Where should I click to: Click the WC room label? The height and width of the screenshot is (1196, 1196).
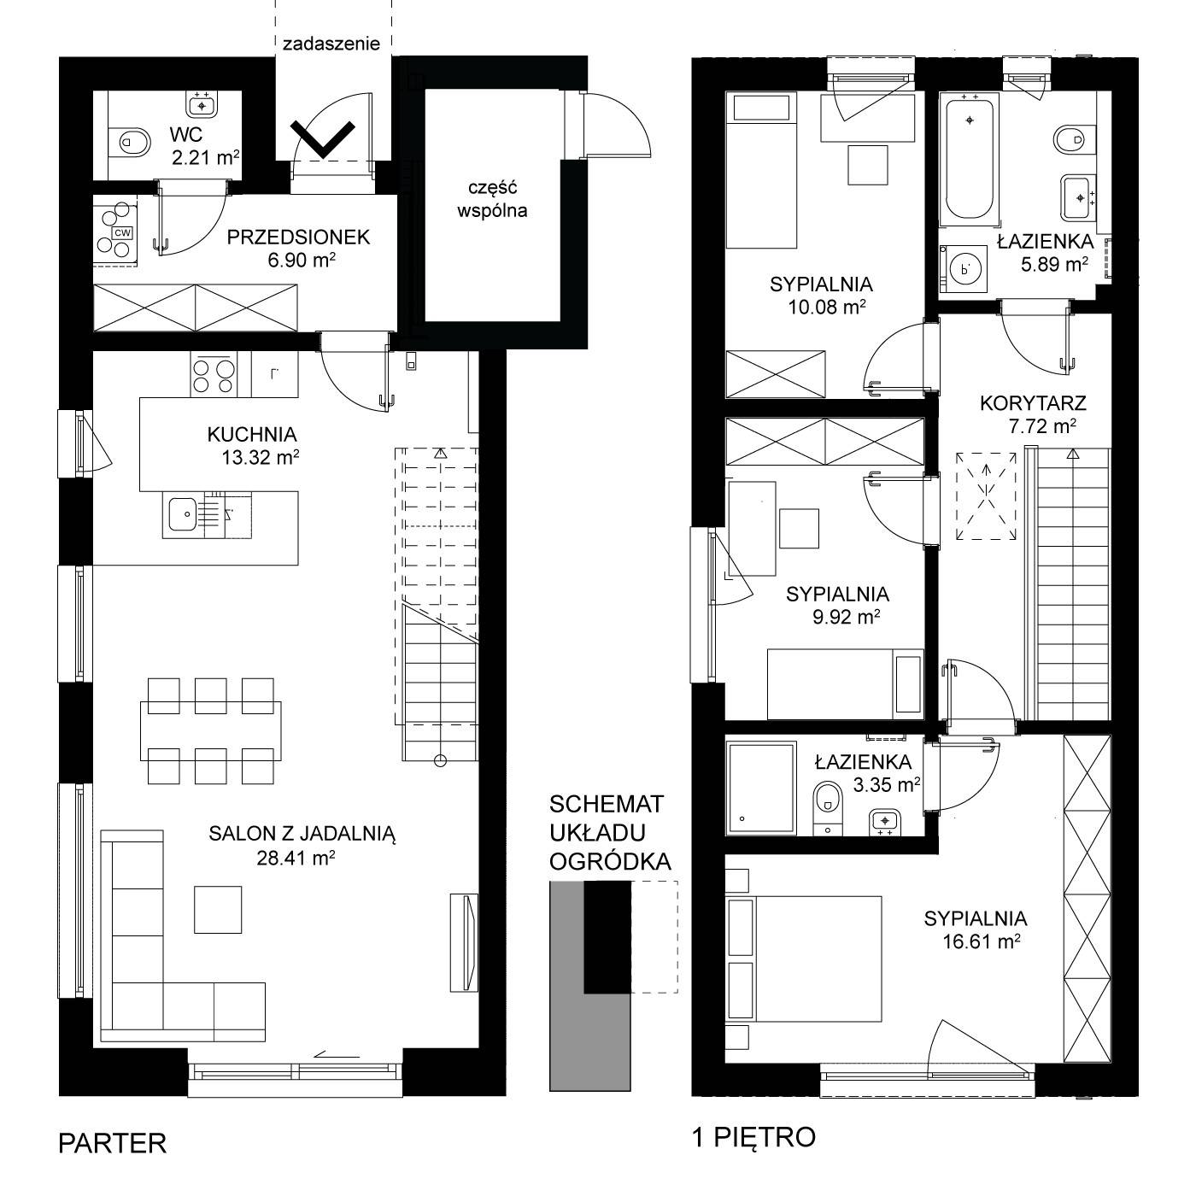click(x=186, y=134)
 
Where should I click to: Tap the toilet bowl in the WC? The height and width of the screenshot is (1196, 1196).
click(x=131, y=142)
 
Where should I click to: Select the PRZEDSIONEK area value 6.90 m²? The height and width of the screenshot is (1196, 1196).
click(x=302, y=260)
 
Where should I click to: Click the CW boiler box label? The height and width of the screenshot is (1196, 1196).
click(x=123, y=232)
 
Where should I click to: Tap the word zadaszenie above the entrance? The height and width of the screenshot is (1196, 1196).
click(x=331, y=44)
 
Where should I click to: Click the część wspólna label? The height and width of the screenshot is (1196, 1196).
click(x=492, y=198)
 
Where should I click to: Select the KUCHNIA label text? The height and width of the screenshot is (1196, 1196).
click(x=252, y=434)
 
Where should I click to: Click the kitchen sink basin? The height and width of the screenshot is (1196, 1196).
click(x=182, y=514)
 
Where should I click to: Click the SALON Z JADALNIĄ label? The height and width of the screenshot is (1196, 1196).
click(x=302, y=834)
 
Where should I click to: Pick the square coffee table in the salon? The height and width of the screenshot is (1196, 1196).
click(x=217, y=909)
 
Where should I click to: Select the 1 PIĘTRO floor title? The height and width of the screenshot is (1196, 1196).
click(x=753, y=1137)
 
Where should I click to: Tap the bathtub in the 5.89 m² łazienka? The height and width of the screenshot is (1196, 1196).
click(x=969, y=158)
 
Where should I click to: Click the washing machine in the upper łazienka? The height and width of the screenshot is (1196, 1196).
click(x=964, y=269)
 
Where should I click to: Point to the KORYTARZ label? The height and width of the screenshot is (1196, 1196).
click(x=1033, y=403)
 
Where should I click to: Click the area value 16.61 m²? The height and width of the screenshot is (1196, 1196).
click(x=982, y=941)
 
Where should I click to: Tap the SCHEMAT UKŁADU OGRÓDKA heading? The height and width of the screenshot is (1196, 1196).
click(x=610, y=832)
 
